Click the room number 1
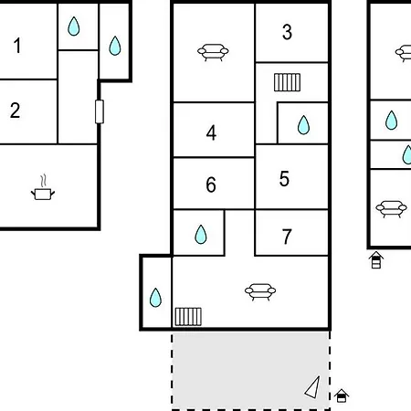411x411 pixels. pos(17,46)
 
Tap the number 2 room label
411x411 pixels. pos(16,111)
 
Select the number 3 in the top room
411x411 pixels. pos(287,32)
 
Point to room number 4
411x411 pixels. pos(211,132)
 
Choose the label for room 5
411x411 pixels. pos(284,179)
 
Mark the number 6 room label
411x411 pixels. pos(211,184)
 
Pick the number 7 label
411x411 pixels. pos(287,237)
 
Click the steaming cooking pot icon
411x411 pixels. pos(43,187)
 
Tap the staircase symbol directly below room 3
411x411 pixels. pos(287,82)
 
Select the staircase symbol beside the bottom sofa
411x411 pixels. pos(188,317)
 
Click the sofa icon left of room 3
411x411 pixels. pos(213,52)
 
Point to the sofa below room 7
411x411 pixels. pos(260,292)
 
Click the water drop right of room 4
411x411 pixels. pos(303,125)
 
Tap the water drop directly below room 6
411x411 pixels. pos(201,235)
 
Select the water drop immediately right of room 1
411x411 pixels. pos(74,26)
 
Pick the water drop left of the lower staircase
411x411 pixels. pos(155,298)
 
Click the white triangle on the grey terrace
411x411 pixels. pos(313,388)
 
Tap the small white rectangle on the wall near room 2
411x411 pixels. pos(100,111)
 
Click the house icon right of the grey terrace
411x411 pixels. pos(342,395)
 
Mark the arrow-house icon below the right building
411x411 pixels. pos(376,260)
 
